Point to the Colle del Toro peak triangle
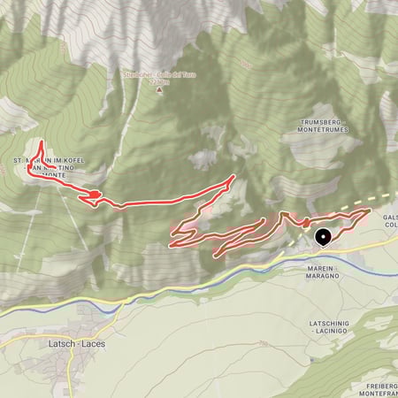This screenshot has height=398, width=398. [160, 91]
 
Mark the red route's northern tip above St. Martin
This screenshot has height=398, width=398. [41, 142]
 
